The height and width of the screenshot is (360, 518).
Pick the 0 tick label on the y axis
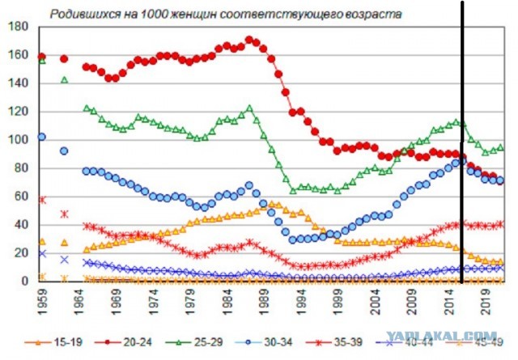(24, 282)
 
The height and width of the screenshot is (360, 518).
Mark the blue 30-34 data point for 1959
(42, 137)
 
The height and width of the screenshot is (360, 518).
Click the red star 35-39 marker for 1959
(42, 199)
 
